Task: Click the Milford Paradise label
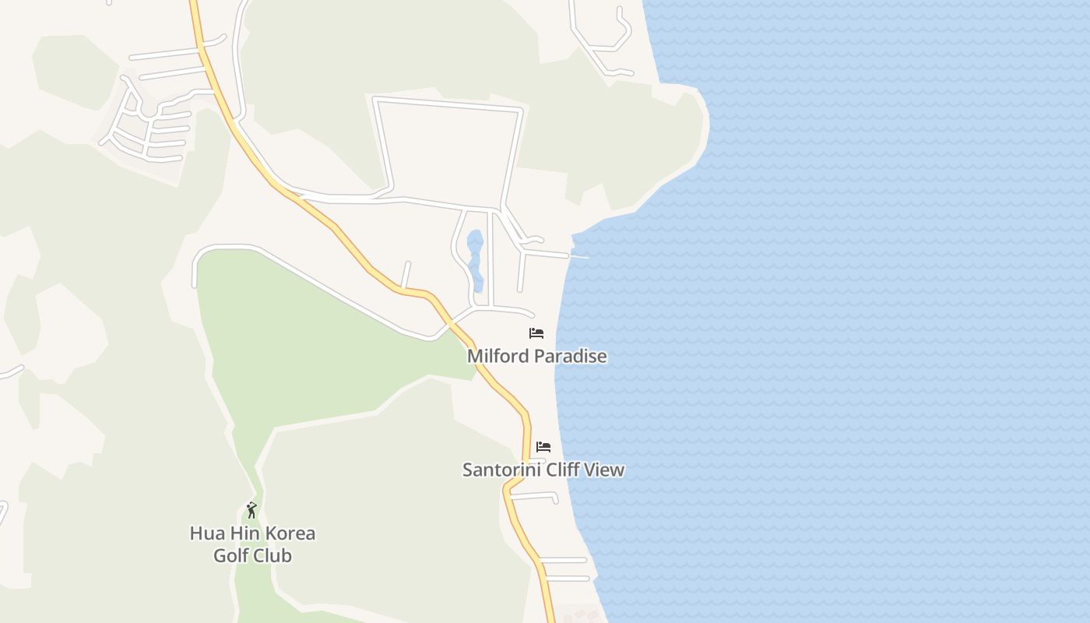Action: pos(536,357)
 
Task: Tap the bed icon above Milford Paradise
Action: pos(536,333)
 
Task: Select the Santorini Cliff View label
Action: pos(543,470)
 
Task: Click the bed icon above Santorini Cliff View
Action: pos(543,447)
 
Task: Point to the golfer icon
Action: pos(251,511)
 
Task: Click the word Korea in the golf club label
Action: pos(290,533)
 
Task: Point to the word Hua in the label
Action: pos(205,533)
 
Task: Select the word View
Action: pos(606,470)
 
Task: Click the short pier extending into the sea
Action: pos(580,255)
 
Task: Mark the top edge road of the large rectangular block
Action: pos(448,104)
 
